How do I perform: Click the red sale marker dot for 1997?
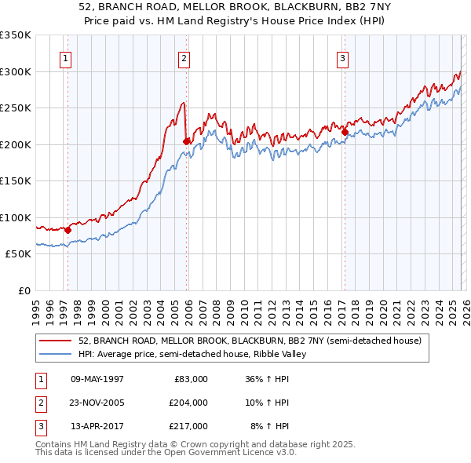coord(68,230)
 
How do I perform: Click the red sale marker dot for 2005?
coord(187,141)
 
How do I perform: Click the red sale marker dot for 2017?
coord(345,132)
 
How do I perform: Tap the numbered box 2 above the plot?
coord(183,57)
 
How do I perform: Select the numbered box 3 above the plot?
coord(343,57)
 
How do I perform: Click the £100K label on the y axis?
coord(16,217)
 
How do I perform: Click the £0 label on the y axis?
coord(24,290)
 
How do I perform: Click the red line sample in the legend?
coord(56,341)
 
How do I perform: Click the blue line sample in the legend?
coord(56,354)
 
